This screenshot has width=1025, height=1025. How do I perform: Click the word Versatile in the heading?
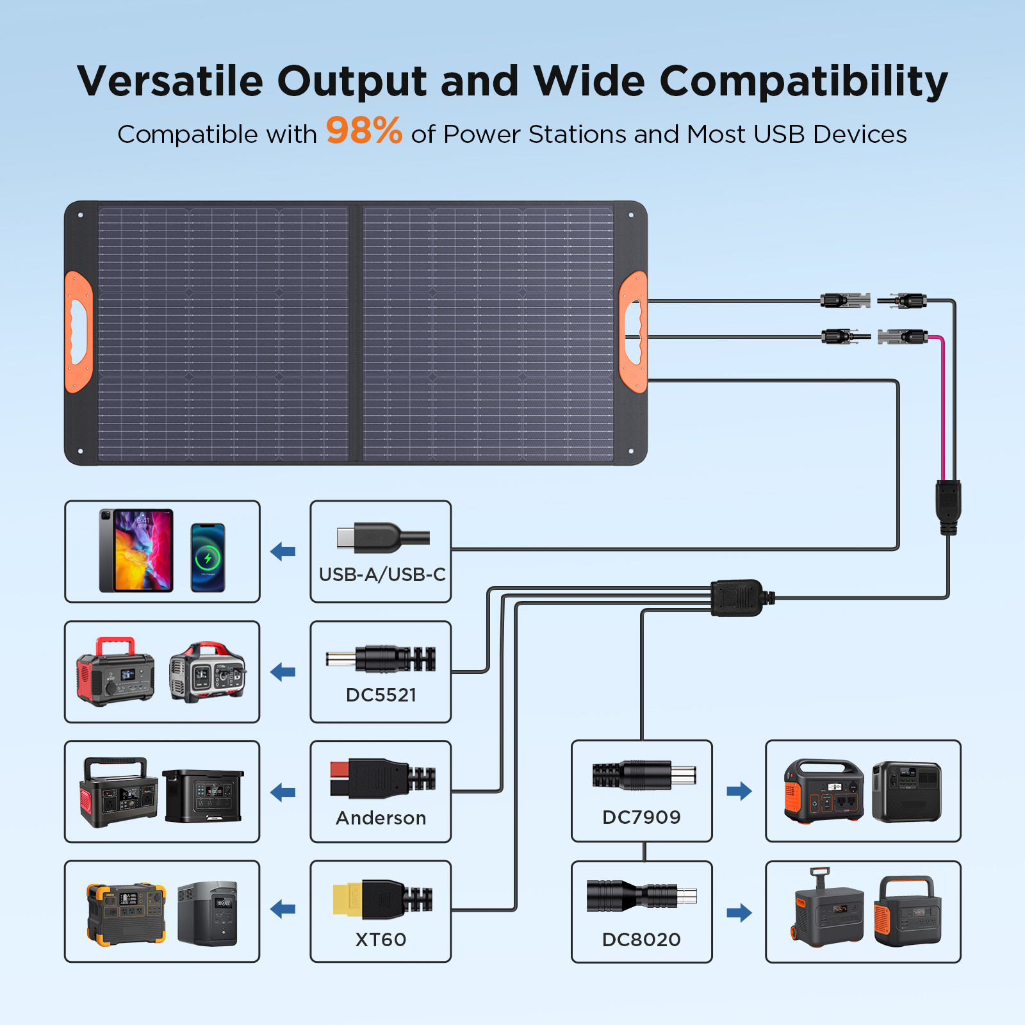pos(170,81)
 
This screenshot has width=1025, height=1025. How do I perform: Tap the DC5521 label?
pos(381,695)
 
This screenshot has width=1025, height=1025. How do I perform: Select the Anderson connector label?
pos(381,818)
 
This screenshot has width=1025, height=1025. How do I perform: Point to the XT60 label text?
pos(381,939)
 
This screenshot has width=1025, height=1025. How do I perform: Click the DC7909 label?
pos(641,817)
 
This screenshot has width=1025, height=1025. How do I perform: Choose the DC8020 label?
pos(641,939)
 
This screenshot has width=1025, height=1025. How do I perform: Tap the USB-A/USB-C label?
pos(382,575)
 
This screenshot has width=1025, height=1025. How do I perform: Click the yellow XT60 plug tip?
pos(347,899)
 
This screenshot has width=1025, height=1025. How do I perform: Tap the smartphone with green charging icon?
pos(208,557)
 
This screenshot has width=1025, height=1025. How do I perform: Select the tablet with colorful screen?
pos(136,550)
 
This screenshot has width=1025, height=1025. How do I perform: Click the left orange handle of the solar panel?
pos(78,331)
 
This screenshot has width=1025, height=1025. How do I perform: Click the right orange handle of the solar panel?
pos(633,331)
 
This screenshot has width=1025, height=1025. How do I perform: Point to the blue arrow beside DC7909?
pos(739,791)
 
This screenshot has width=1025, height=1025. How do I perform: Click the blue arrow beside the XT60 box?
pos(283,908)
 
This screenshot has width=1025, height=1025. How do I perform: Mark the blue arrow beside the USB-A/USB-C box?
pos(283,551)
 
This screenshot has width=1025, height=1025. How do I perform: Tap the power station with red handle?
pos(115,671)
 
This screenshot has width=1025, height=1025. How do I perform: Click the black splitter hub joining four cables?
pos(737,598)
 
